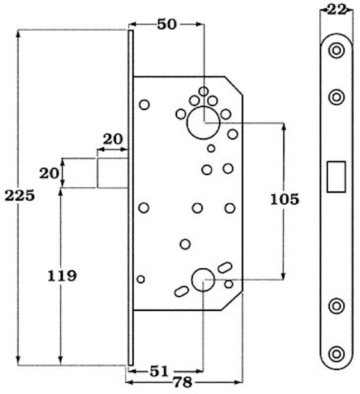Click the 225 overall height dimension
pyautogui.click(x=20, y=195)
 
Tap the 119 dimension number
pyautogui.click(x=62, y=276)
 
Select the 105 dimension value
pyautogui.click(x=285, y=199)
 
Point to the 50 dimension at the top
pyautogui.click(x=167, y=24)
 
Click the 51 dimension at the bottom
pyautogui.click(x=159, y=371)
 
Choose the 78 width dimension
pyautogui.click(x=183, y=383)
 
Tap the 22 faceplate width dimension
pyautogui.click(x=337, y=10)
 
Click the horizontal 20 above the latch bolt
pyautogui.click(x=113, y=139)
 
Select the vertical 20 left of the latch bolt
pyautogui.click(x=49, y=173)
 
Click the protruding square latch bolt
pyautogui.click(x=113, y=173)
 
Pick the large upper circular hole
pyautogui.click(x=203, y=123)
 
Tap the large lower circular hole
pyautogui.click(x=203, y=280)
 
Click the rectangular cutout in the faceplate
pyautogui.click(x=336, y=177)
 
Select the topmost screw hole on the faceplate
pyautogui.click(x=336, y=50)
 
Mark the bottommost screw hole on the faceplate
pyautogui.click(x=336, y=354)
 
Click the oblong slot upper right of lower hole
pyautogui.click(x=225, y=268)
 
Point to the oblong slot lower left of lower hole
pyautogui.click(x=181, y=291)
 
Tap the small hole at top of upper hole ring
pyautogui.click(x=203, y=91)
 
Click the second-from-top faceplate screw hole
pyautogui.click(x=336, y=97)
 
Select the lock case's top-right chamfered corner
pyautogui.click(x=234, y=86)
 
